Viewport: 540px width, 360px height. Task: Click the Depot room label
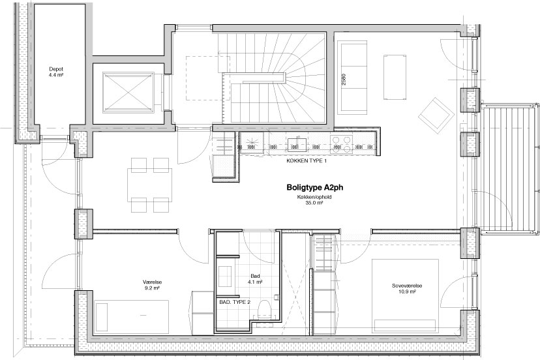tap(56, 69)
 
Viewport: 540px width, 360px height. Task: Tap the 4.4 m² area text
tap(56, 74)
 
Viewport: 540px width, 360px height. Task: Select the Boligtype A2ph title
tap(315, 188)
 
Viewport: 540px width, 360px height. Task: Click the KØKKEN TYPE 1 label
tap(307, 161)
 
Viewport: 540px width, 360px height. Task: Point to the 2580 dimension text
tap(343, 80)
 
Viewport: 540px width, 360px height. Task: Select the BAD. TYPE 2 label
tap(235, 302)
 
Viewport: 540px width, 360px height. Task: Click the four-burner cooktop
tap(341, 144)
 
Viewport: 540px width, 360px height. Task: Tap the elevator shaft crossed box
tap(128, 92)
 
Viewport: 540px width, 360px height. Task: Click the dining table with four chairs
tap(150, 185)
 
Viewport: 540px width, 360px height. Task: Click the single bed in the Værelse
tap(132, 316)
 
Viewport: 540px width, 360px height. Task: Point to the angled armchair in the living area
tap(436, 115)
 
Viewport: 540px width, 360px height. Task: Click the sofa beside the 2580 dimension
tap(353, 77)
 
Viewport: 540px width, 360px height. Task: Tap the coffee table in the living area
tap(395, 76)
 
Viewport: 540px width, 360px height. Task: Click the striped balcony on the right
tap(509, 169)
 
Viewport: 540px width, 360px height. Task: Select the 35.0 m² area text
tap(315, 203)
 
